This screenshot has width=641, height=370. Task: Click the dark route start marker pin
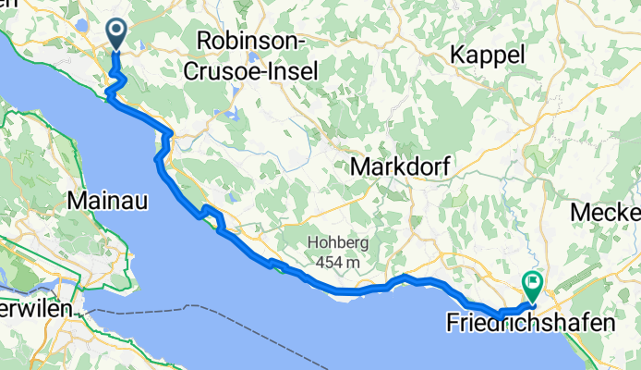click(x=117, y=33)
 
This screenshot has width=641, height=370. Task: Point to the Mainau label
click(x=109, y=200)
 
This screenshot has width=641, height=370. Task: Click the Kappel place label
click(x=488, y=55)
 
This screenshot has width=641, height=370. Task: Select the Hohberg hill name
click(x=338, y=244)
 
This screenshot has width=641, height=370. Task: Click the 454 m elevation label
click(x=339, y=263)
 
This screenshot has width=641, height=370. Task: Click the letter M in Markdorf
click(x=360, y=167)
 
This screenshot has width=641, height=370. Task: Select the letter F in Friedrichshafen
click(x=453, y=324)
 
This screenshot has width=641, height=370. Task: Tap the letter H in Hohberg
click(x=311, y=244)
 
